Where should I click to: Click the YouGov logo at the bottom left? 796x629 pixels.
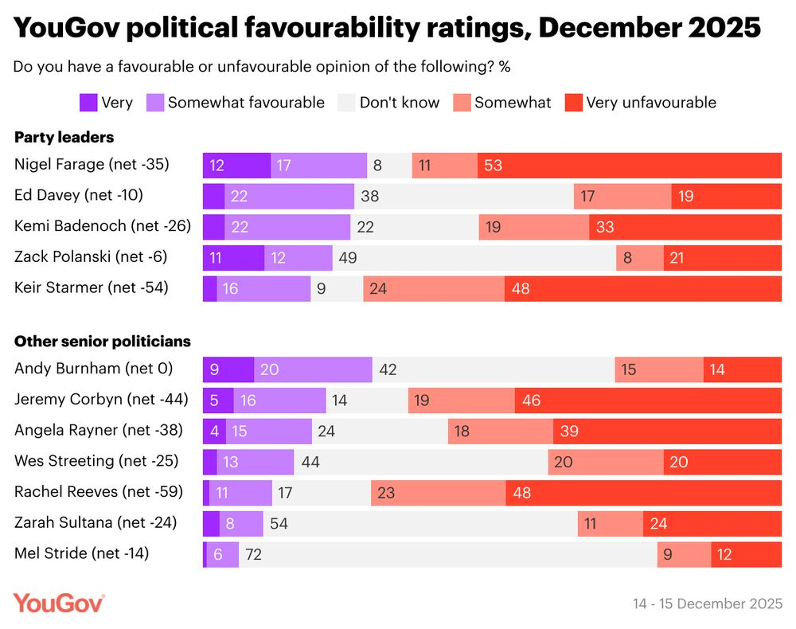point(59,603)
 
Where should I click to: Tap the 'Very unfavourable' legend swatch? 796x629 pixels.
point(572,102)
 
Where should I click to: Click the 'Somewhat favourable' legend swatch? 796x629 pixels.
point(154,102)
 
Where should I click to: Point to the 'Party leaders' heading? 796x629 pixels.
point(64,137)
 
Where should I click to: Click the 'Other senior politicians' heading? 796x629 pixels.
point(103,342)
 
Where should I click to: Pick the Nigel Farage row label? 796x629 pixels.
point(92,165)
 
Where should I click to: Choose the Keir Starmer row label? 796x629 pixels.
point(92,287)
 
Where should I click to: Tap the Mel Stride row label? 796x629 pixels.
point(82,553)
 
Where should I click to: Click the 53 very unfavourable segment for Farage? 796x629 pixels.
point(630,166)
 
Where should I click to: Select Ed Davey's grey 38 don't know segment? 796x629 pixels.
point(463,196)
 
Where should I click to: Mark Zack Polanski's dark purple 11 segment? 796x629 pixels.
point(233,258)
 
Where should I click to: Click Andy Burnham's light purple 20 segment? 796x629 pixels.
point(313,369)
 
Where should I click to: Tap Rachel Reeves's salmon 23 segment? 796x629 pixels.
point(438,493)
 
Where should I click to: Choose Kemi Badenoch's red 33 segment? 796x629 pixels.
point(685,227)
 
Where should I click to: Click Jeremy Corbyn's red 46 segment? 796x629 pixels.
point(648,400)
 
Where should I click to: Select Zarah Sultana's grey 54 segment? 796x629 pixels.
point(420,523)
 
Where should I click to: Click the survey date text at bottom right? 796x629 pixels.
point(708,604)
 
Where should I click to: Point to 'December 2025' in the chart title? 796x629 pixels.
point(649,28)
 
